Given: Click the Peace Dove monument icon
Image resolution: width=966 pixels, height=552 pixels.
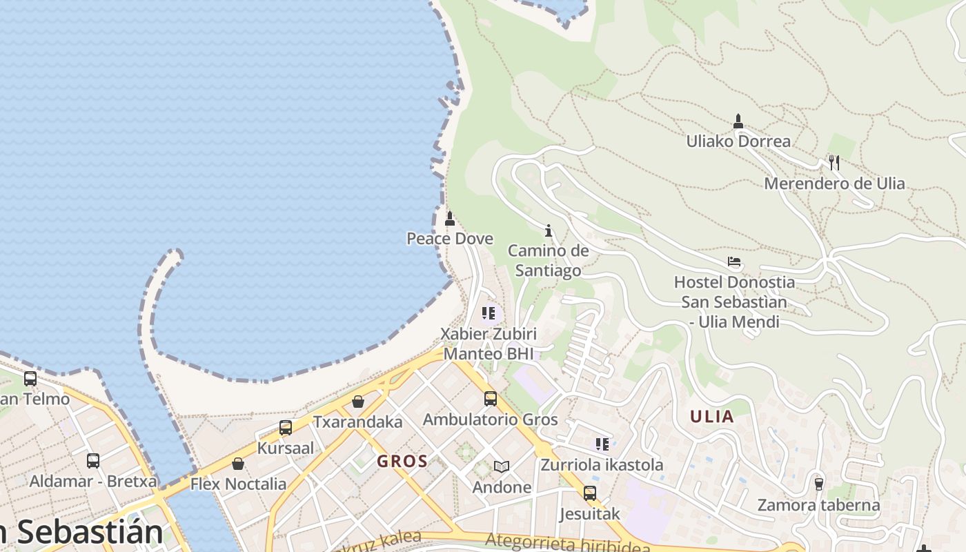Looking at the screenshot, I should (x=450, y=219).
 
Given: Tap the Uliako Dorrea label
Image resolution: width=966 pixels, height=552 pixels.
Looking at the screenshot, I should (x=738, y=141).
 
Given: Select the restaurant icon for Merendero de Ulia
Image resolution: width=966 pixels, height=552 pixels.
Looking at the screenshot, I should (x=834, y=163).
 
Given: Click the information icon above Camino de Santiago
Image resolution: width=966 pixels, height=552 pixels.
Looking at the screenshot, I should (x=549, y=230).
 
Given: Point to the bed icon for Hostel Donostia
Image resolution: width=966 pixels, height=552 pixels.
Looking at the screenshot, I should (x=734, y=262).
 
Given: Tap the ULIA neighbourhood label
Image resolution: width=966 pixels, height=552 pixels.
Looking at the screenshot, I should (x=712, y=417).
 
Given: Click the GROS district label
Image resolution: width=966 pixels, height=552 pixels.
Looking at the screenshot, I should (x=402, y=462).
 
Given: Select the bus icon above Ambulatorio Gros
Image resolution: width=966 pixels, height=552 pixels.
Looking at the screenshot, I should (x=490, y=398).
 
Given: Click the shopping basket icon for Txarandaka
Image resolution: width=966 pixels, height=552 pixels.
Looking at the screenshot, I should (x=358, y=402).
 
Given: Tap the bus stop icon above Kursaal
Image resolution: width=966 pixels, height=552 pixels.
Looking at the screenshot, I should (x=286, y=428).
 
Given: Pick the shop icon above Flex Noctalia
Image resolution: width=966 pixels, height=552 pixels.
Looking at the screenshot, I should (x=238, y=464).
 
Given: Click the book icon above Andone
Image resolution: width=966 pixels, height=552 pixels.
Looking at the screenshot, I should (x=502, y=467).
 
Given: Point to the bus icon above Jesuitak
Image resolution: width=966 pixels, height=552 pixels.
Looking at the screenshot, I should (x=589, y=493).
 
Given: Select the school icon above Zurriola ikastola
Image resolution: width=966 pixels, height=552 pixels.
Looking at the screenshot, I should (x=602, y=444).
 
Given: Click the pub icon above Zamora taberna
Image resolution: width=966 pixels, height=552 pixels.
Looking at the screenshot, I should (x=819, y=484).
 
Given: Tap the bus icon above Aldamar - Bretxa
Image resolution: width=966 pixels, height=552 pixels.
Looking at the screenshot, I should (x=93, y=460).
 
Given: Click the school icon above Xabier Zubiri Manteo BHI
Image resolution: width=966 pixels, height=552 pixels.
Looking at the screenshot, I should (x=489, y=314).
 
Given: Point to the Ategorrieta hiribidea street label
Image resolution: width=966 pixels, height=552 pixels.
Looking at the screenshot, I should (x=567, y=543).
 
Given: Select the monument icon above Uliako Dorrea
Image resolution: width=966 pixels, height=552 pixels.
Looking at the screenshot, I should (x=738, y=121).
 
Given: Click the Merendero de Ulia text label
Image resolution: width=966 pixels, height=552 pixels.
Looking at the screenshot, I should (x=834, y=184).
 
